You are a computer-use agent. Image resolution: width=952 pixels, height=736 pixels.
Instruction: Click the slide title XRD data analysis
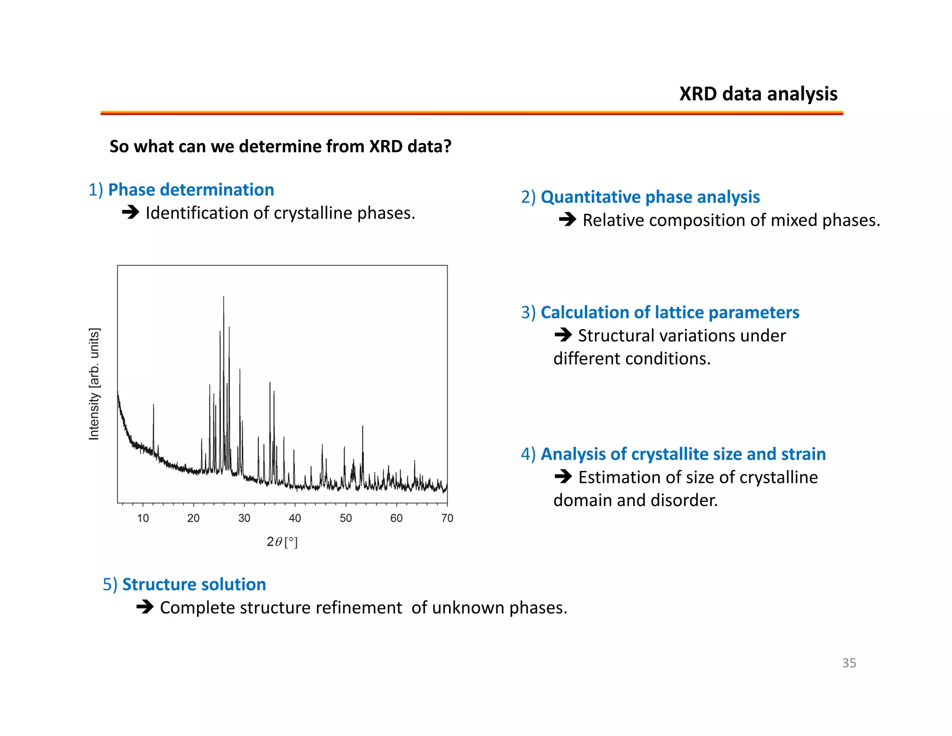pos(758,94)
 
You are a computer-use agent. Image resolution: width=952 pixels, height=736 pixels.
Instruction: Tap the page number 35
pos(849,663)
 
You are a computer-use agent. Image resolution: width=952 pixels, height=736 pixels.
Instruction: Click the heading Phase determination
pos(191,190)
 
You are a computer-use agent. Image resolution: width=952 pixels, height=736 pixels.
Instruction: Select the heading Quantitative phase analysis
pos(650,197)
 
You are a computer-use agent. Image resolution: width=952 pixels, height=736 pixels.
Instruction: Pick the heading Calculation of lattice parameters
pos(670,312)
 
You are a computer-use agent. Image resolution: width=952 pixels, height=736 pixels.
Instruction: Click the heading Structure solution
pos(194,584)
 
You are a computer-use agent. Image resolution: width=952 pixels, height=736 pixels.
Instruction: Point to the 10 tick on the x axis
pos(143,518)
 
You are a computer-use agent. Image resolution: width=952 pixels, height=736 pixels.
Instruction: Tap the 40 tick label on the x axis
pos(295,518)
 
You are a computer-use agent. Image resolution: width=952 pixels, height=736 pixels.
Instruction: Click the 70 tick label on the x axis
pos(447,518)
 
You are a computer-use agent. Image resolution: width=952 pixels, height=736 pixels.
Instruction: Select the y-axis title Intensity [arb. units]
pos(94,384)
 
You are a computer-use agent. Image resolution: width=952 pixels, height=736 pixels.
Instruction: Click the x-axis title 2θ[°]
pos(282,542)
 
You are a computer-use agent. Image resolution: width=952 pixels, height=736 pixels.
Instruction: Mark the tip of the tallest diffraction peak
pos(224,297)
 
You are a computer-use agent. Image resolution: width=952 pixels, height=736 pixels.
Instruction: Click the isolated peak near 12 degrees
pos(153,406)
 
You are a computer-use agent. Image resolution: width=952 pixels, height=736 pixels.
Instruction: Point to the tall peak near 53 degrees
pos(363,427)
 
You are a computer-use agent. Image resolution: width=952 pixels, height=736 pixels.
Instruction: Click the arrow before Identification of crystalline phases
pos(131,213)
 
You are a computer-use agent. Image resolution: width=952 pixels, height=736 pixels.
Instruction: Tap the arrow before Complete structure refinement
pos(145,607)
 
